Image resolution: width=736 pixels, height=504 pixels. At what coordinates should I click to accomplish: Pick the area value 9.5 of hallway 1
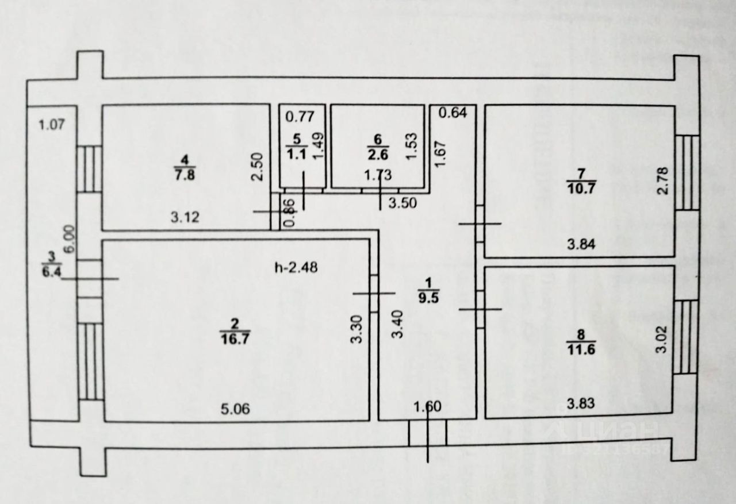(x=428, y=297)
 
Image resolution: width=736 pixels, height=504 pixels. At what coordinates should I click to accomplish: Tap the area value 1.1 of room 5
(x=297, y=154)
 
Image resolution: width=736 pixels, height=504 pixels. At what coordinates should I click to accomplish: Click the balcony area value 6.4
(x=51, y=272)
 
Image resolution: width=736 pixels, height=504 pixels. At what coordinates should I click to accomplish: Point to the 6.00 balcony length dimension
(x=68, y=237)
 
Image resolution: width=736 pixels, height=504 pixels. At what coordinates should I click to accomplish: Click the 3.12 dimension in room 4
(x=186, y=217)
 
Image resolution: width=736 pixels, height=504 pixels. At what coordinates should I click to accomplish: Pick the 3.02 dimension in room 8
(x=661, y=341)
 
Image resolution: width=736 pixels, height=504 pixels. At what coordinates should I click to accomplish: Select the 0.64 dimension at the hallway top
(x=453, y=113)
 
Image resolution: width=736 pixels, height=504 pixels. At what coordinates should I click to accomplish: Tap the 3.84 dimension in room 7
(x=581, y=245)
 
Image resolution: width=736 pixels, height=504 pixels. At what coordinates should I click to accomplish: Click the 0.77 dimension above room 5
(x=300, y=117)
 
